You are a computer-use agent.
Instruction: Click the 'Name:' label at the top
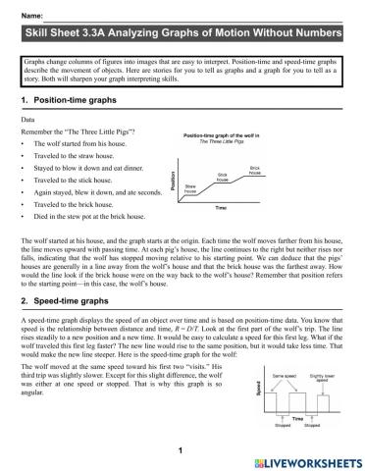(x=30, y=17)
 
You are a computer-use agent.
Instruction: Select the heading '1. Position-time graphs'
(x=71, y=101)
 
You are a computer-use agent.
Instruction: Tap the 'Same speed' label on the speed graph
(x=285, y=375)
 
